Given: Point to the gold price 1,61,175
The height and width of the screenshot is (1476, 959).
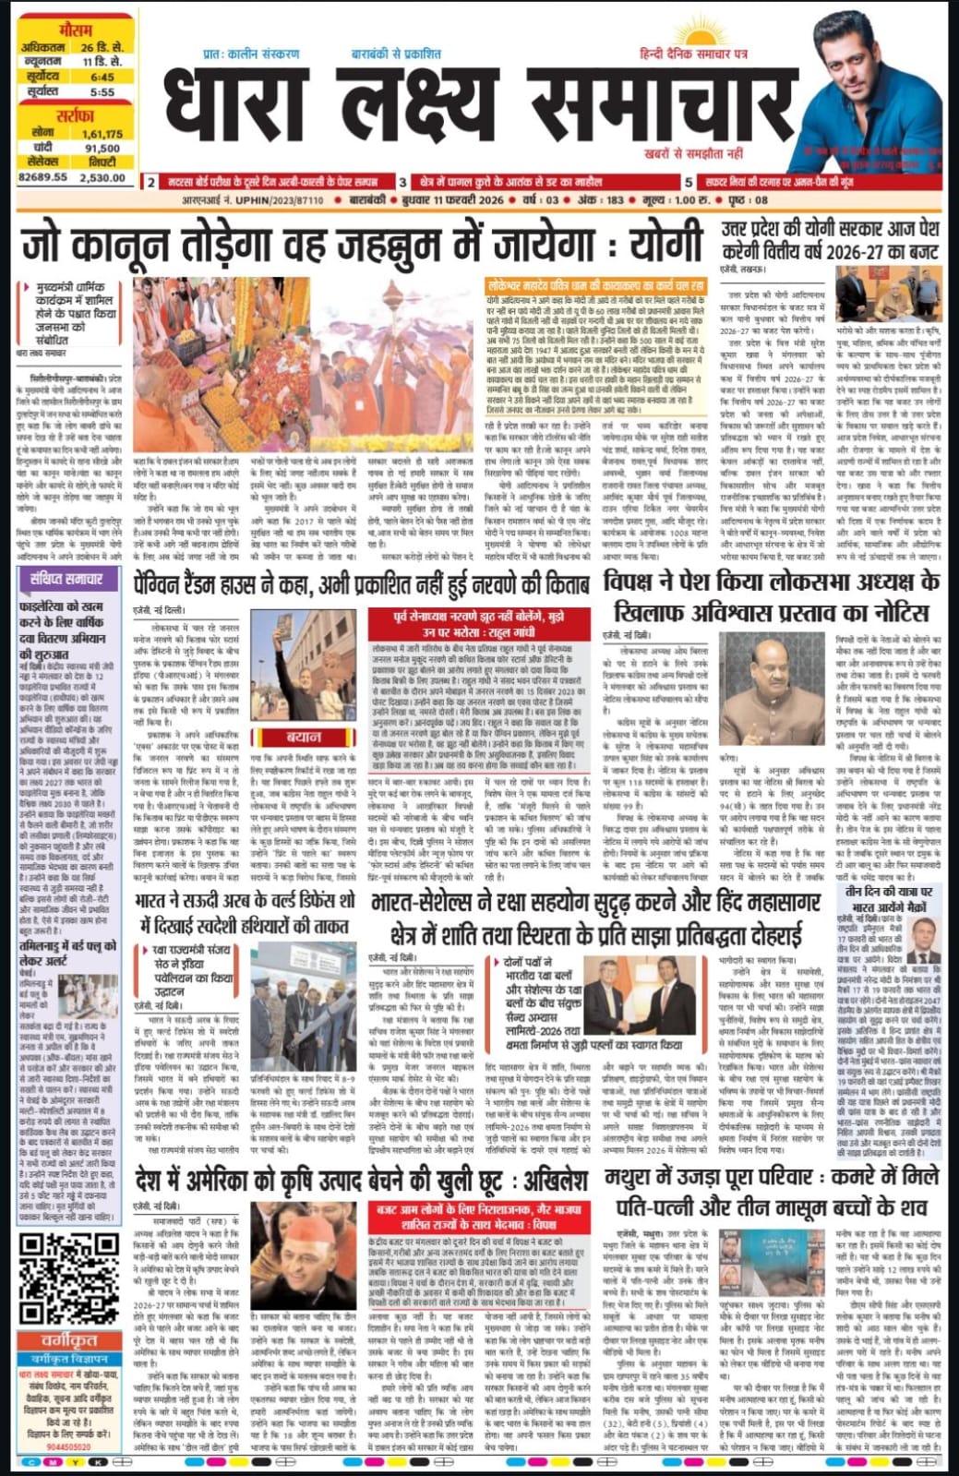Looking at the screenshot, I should (x=102, y=134).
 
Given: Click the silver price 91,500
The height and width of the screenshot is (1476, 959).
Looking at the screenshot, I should (x=102, y=148).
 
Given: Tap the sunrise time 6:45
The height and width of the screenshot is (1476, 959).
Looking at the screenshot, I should (x=102, y=78).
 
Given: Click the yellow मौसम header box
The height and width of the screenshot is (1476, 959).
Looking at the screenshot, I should (x=75, y=30).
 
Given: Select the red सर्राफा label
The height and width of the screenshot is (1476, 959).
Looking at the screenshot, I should (x=75, y=116).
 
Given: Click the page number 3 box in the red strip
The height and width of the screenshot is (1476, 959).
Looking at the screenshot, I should (x=402, y=183).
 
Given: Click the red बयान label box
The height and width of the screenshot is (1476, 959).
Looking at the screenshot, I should (x=304, y=738).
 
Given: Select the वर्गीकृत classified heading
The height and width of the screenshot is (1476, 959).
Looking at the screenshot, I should (x=70, y=1341).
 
